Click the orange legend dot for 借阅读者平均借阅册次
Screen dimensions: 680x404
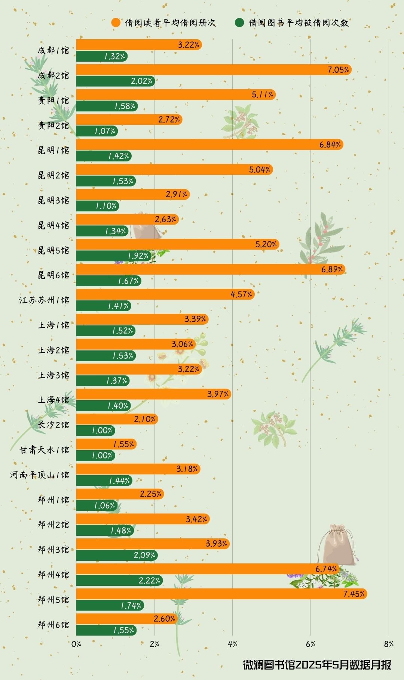point(116,23)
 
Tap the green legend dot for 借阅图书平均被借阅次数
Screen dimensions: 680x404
point(239,23)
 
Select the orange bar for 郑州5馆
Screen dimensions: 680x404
point(221,594)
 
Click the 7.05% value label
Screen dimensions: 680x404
point(338,70)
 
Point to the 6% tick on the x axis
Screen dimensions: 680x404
point(310,644)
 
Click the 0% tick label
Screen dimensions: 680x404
point(76,644)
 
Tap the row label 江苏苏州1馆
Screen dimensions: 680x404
point(44,300)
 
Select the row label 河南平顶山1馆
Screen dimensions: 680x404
point(40,475)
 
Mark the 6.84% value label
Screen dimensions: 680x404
point(330,145)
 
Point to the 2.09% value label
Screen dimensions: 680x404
point(144,555)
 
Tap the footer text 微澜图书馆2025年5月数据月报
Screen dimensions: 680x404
point(317,665)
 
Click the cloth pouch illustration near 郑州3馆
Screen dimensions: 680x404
point(336,544)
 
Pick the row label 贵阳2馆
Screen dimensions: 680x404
point(53,126)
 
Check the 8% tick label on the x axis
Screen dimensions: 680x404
point(389,644)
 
